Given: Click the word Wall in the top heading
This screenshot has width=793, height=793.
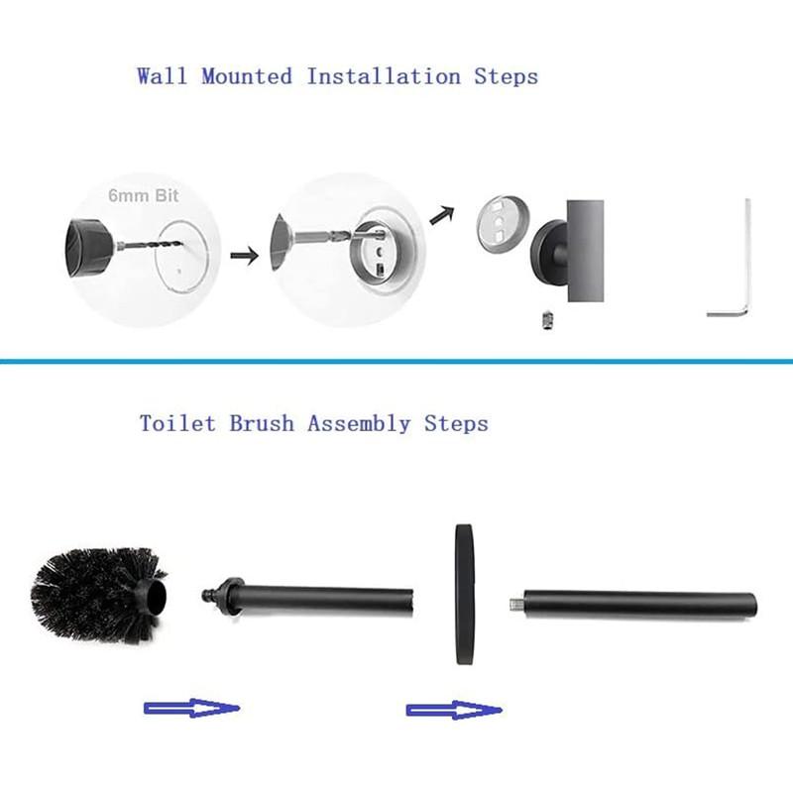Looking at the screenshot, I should point(165,76).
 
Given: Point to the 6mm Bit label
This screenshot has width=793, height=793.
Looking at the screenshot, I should point(144,196).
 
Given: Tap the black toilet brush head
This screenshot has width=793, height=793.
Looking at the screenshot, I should point(94,593).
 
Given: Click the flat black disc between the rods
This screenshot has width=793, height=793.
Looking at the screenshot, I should point(463,594).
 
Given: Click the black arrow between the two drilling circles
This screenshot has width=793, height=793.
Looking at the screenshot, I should point(243,256).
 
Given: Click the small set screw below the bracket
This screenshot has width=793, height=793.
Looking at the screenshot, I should point(544,319).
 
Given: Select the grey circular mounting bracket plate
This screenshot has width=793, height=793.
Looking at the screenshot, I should point(503,227).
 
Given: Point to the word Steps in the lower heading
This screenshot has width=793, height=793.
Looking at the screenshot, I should point(456,423).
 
